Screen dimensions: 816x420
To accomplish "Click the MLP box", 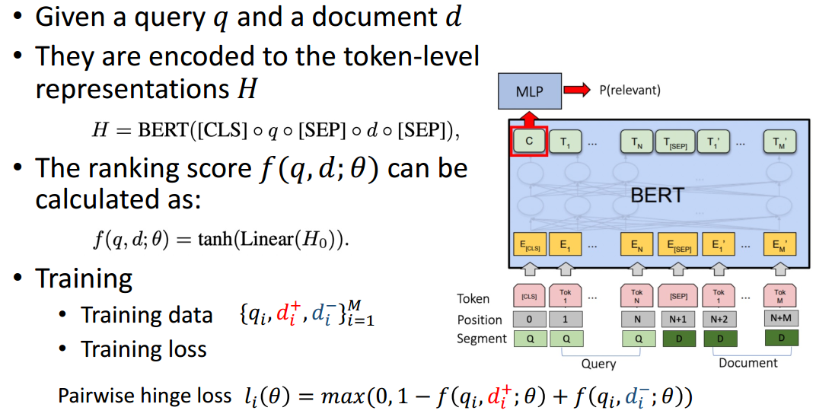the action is [x=529, y=91].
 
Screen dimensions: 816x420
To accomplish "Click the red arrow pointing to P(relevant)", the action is [x=576, y=91].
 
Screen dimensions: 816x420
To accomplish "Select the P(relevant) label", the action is [x=630, y=91].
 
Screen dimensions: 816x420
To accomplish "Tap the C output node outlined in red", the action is [x=529, y=142].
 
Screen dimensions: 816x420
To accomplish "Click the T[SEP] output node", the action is [x=674, y=142].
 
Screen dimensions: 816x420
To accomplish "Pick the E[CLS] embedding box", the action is [x=529, y=246].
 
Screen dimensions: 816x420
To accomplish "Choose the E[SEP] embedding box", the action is [x=674, y=246].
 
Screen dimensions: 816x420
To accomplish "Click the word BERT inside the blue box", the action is [x=656, y=195].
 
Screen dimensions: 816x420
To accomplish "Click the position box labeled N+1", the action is [x=674, y=320].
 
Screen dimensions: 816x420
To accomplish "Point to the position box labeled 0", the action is [x=529, y=320].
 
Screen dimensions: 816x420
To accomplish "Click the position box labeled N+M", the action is [x=779, y=320].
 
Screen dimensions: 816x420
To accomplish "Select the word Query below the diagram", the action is [x=598, y=364].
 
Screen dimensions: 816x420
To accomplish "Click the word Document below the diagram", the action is [x=748, y=363].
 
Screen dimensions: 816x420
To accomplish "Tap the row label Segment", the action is [x=482, y=339].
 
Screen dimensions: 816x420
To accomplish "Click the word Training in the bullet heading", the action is [x=83, y=279].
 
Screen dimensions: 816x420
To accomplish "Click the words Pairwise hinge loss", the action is [x=144, y=396].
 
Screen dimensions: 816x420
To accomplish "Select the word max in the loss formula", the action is [x=338, y=396].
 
